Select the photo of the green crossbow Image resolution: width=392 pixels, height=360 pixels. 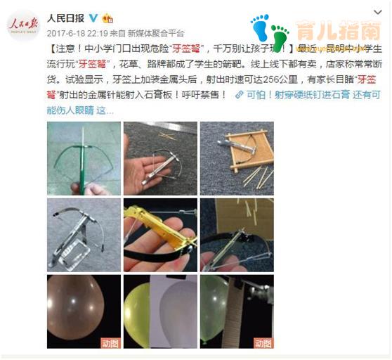click(x=84, y=158)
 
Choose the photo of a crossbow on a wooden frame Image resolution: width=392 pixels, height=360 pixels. click(x=236, y=158)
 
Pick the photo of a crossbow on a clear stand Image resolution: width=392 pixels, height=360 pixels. click(x=84, y=235)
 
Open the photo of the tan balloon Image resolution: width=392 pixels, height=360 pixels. click(x=84, y=311)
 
